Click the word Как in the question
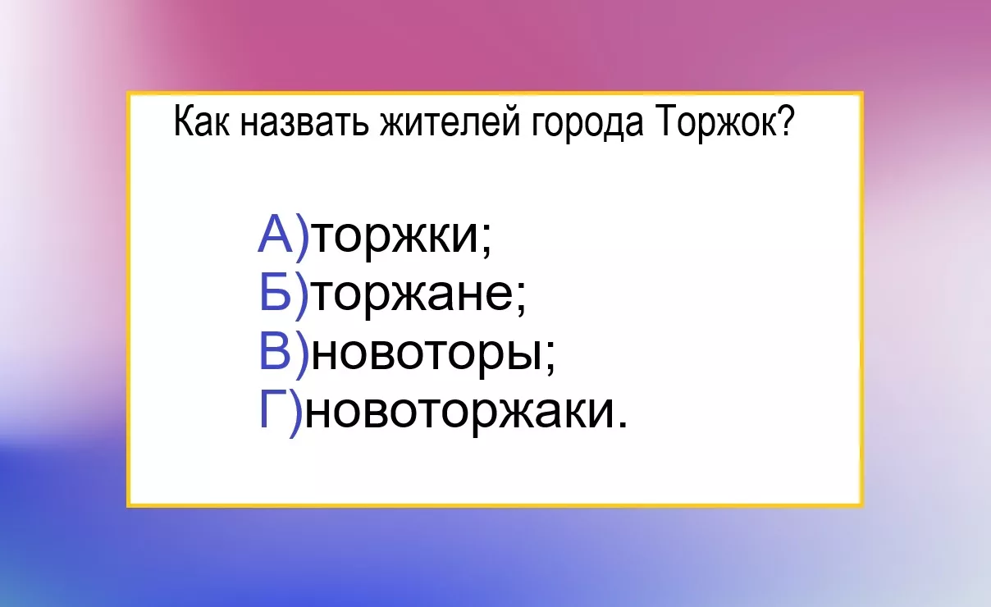click(x=202, y=121)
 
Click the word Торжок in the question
click(x=716, y=124)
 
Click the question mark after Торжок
click(x=788, y=121)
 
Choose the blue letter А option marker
click(x=275, y=233)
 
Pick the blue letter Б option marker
click(x=275, y=292)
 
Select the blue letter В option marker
click(x=275, y=350)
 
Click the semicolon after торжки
click(x=486, y=240)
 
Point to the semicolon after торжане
click(x=520, y=299)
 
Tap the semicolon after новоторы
click(x=550, y=358)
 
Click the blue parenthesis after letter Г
click(x=295, y=414)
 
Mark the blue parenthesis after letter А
click(x=302, y=238)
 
